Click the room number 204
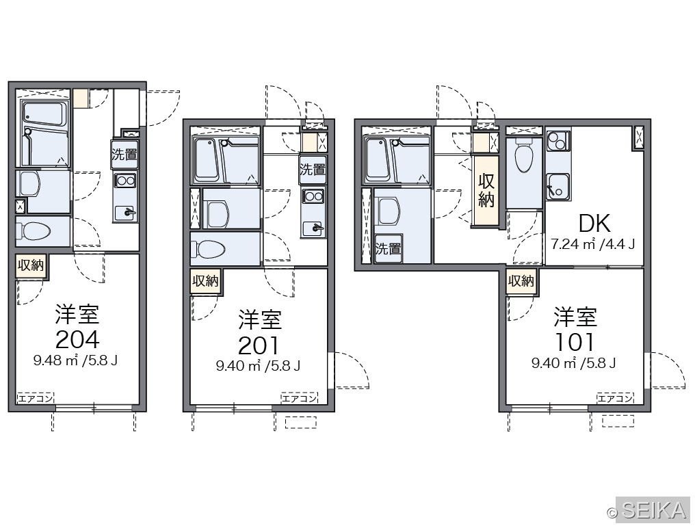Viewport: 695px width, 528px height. (x=77, y=340)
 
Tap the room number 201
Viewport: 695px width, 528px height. (x=259, y=346)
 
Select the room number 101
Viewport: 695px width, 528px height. (x=575, y=343)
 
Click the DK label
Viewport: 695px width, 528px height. (x=594, y=224)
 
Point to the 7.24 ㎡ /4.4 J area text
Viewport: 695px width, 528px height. (x=593, y=244)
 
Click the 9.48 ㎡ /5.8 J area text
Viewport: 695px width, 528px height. (x=75, y=360)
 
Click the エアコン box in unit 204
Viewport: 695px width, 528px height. (x=36, y=398)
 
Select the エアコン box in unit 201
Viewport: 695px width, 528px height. (x=300, y=398)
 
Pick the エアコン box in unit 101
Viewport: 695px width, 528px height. (x=615, y=398)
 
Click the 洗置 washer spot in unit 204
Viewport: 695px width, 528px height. (x=124, y=155)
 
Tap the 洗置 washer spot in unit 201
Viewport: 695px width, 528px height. (x=313, y=170)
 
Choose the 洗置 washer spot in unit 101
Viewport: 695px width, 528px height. (x=389, y=249)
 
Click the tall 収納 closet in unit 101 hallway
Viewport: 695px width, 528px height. (x=486, y=190)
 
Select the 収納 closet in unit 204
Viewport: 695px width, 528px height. (x=31, y=266)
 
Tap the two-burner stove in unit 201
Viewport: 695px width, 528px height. (x=313, y=196)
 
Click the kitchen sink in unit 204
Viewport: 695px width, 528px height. (x=126, y=212)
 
